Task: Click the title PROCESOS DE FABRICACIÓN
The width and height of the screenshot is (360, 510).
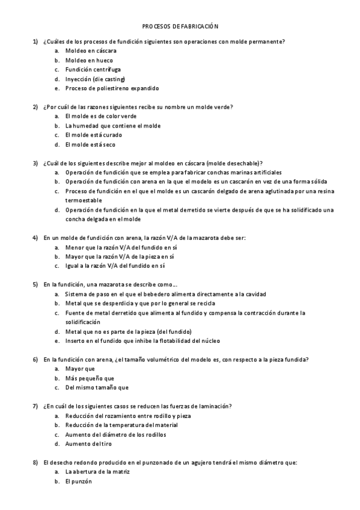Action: (180, 26)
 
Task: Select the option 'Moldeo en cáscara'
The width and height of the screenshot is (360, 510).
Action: (91, 51)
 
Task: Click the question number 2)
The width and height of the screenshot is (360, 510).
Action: (35, 107)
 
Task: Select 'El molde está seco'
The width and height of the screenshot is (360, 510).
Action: (90, 144)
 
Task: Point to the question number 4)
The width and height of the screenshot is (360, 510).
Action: (35, 238)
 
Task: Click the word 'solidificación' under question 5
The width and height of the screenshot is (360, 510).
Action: (84, 322)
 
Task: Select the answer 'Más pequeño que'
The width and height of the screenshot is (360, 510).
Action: (90, 378)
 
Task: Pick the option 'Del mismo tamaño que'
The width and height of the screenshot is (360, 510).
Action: (97, 387)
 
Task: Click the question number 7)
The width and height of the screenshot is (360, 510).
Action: (35, 406)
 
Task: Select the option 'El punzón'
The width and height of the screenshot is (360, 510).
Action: (79, 481)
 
